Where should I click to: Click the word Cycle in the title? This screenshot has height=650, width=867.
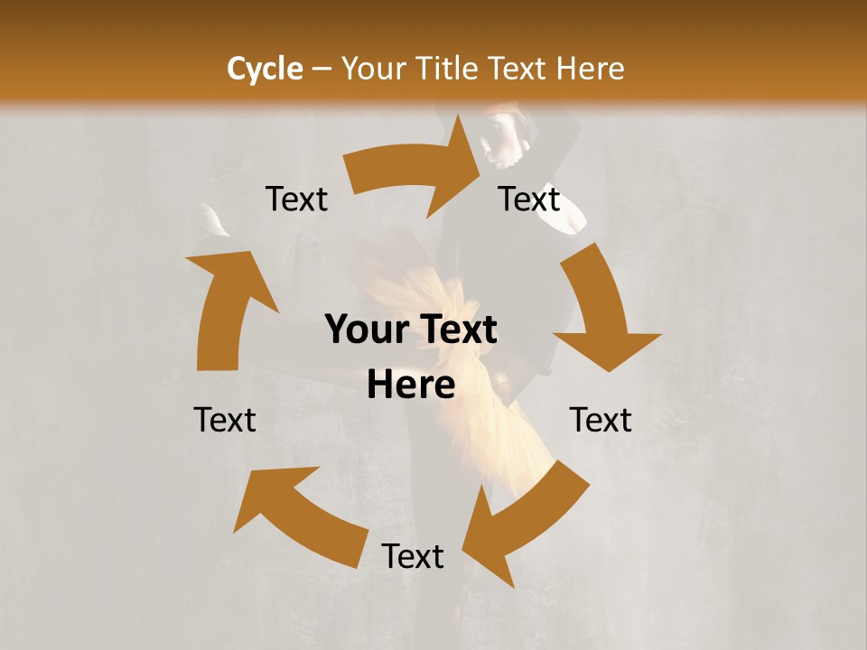[265, 69]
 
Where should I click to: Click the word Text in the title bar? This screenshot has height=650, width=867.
[517, 69]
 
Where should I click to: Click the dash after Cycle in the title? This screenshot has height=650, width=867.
[322, 70]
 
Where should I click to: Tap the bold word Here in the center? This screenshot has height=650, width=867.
[411, 385]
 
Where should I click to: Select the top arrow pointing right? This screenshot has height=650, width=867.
[420, 172]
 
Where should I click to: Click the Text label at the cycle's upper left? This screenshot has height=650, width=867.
[296, 199]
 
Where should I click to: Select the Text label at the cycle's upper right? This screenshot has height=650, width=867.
[529, 199]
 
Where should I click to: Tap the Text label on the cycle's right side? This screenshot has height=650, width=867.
[601, 420]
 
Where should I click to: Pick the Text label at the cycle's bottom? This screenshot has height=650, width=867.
[413, 556]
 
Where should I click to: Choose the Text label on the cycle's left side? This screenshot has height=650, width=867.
[225, 420]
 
